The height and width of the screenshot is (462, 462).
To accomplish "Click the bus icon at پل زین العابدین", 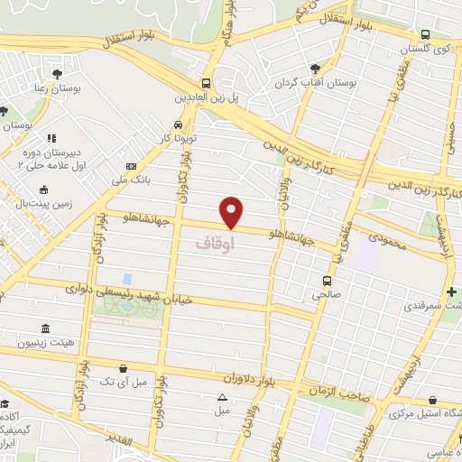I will tap(207, 82).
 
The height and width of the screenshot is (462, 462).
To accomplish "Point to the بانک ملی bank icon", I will tap(132, 166).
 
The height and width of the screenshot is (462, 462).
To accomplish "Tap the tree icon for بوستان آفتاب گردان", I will tap(315, 68).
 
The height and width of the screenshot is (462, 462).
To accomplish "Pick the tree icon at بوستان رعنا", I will tap(59, 71).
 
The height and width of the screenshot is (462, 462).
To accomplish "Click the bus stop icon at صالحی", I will tap(328, 282).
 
